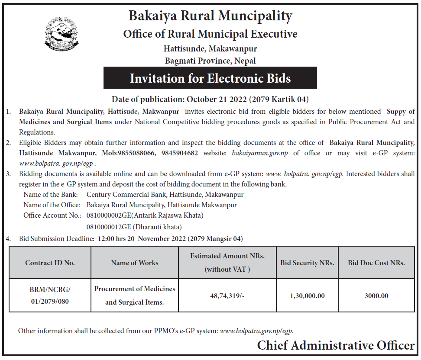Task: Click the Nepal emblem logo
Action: (62, 34)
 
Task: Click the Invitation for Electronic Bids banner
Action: (210, 78)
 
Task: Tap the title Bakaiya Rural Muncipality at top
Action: (210, 16)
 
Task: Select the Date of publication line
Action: (210, 99)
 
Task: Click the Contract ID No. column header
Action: (50, 263)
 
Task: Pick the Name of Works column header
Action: (135, 263)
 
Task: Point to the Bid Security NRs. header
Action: (307, 263)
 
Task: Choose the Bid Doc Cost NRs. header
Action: (376, 263)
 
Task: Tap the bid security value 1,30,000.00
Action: (307, 296)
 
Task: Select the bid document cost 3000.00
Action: (376, 296)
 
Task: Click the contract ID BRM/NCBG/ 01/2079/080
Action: (50, 295)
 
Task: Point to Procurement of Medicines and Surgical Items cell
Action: (135, 295)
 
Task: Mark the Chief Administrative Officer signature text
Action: (336, 345)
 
